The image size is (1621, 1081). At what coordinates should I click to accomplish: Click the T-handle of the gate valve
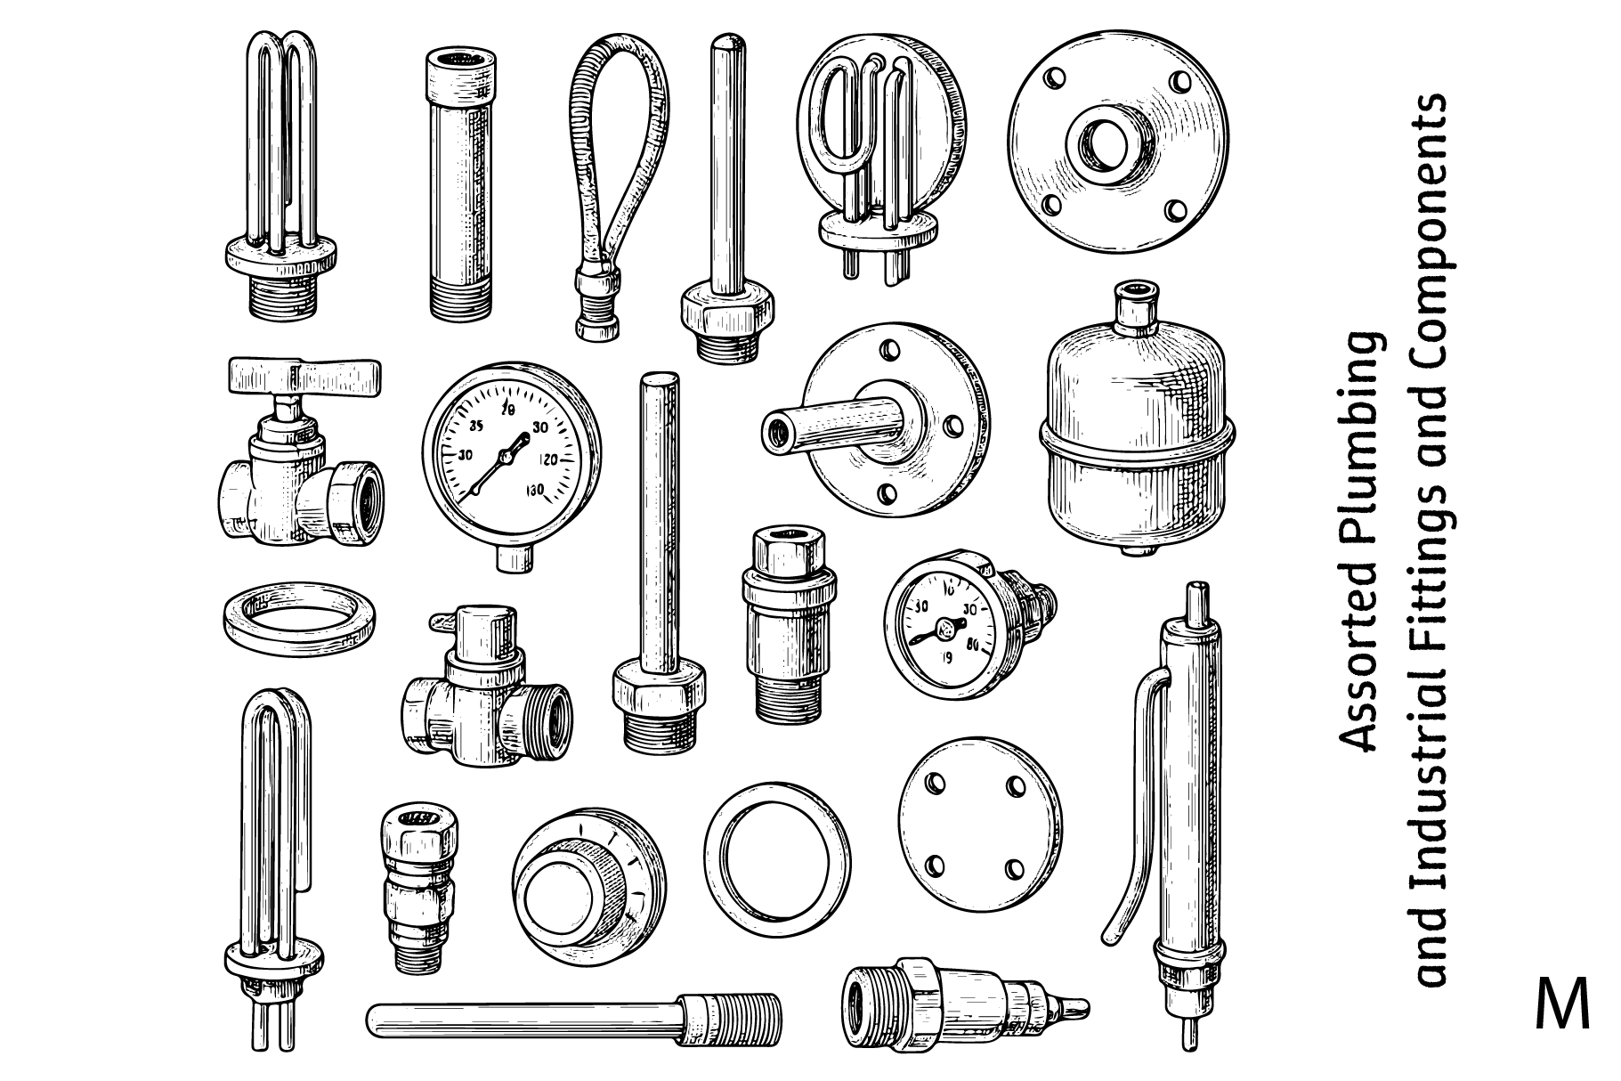pos(304,377)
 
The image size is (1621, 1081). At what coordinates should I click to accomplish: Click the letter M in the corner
pos(1562,1004)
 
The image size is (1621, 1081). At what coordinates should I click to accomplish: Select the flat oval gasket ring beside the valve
pos(298,617)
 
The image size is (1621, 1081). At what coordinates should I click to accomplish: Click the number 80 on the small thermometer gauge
pos(972,646)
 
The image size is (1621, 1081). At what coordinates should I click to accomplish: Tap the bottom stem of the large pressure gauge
pos(514,557)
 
